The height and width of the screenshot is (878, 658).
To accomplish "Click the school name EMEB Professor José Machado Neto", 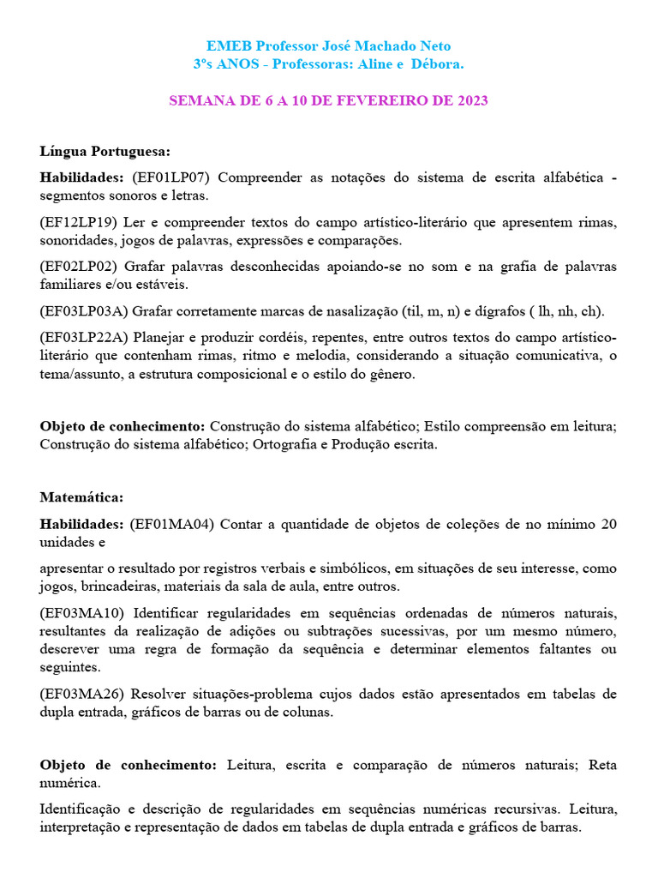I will point(329,46).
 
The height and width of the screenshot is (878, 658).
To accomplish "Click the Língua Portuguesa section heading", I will point(105,152).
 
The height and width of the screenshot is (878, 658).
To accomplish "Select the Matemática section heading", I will point(81,496).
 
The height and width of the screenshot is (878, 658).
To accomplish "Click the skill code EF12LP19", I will point(79,222).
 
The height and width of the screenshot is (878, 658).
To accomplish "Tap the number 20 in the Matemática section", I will point(608,524).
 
